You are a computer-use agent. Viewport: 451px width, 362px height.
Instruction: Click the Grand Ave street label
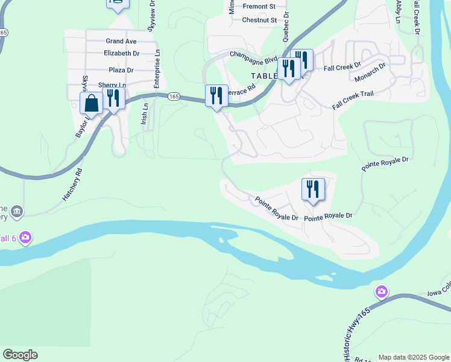coord(121,41)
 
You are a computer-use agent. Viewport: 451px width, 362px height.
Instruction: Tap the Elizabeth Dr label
coord(121,53)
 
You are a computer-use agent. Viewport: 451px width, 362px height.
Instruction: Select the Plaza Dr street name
coord(121,70)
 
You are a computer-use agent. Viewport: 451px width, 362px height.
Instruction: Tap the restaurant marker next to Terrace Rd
coord(216,95)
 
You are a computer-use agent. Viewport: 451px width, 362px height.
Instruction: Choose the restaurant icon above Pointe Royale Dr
coord(313,189)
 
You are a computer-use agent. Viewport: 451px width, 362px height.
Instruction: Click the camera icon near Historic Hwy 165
coord(381,293)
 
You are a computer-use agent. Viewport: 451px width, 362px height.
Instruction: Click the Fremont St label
coord(259,7)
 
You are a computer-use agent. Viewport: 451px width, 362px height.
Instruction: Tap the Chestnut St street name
coord(259,20)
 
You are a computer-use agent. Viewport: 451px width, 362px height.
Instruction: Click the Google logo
coord(20,355)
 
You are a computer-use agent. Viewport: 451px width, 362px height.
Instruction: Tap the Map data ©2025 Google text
coord(414,357)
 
